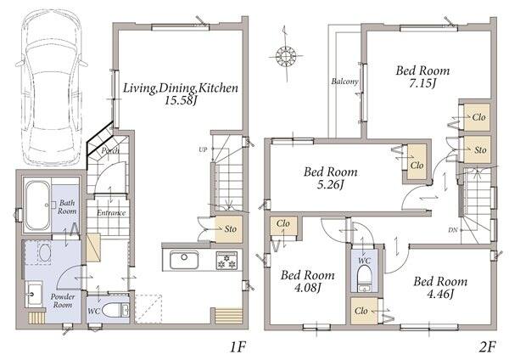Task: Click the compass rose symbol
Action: click(286, 55)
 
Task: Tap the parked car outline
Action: click(51, 87)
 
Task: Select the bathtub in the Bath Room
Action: click(37, 205)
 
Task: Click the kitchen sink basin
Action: click(184, 260)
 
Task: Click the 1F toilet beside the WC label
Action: click(115, 310)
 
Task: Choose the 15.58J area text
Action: click(181, 100)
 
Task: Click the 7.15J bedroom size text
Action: click(422, 83)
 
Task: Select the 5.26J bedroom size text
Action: click(330, 184)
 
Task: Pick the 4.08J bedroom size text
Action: click(307, 288)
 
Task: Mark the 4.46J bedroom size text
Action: click(439, 294)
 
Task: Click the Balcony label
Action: click(344, 82)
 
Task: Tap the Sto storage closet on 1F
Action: click(229, 229)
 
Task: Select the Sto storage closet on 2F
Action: click(477, 149)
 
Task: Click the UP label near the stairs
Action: click(203, 149)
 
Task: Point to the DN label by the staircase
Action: click(453, 230)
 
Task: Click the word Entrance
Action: click(111, 213)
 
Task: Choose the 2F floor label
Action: click(487, 347)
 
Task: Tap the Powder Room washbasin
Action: click(33, 295)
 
